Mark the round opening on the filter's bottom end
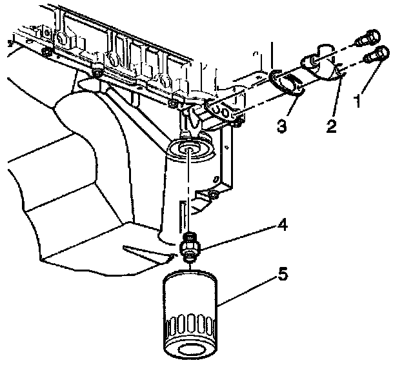[x=191, y=351]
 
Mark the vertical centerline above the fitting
[x=189, y=193]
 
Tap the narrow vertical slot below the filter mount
[x=184, y=213]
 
